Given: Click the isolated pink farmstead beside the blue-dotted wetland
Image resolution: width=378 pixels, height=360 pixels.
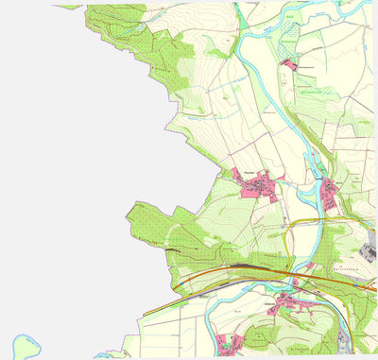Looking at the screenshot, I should [287, 63].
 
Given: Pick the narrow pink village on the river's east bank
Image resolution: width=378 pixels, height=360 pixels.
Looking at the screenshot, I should [330, 194].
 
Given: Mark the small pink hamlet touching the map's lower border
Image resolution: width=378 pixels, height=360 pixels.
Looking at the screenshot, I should [230, 342].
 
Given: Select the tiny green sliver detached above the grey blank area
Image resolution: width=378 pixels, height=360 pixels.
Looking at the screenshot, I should [69, 7].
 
